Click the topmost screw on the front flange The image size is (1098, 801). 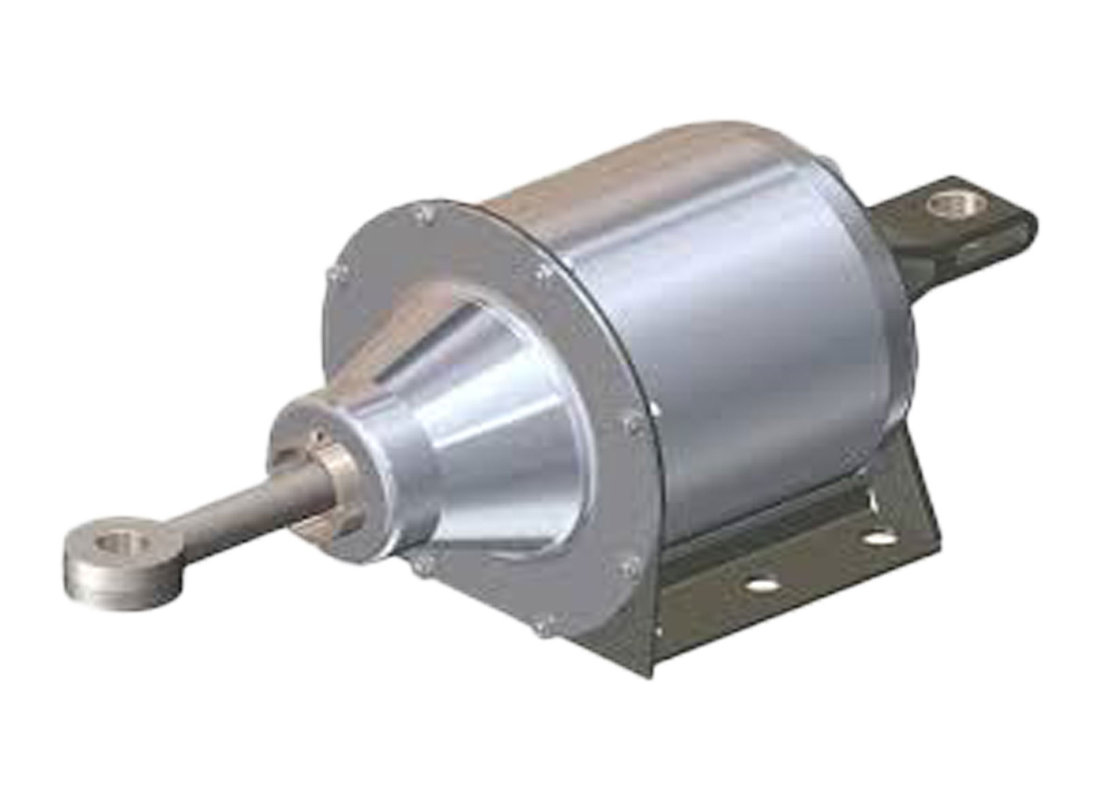pos(426,213)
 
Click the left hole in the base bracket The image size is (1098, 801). pos(761,584)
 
